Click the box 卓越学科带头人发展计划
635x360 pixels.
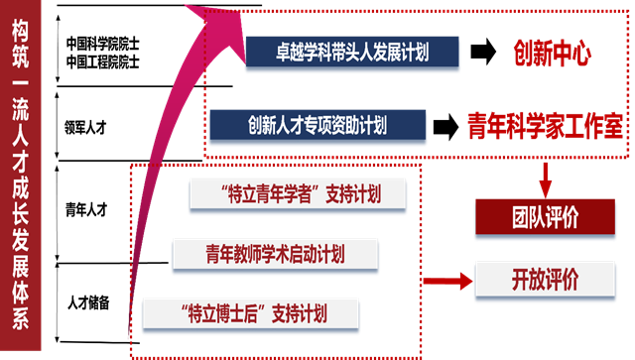[x=352, y=51]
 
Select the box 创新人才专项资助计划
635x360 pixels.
[x=317, y=126]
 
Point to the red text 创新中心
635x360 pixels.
[x=553, y=54]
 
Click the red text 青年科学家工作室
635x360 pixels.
[x=545, y=127]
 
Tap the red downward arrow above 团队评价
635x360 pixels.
[x=545, y=180]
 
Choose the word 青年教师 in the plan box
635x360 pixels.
[x=231, y=254]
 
